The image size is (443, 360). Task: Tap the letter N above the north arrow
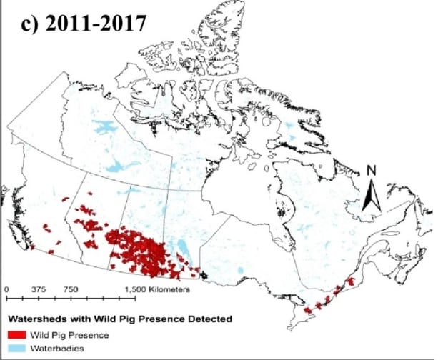371,171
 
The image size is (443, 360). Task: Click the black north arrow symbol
371,196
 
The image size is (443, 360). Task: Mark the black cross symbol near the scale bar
204,274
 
